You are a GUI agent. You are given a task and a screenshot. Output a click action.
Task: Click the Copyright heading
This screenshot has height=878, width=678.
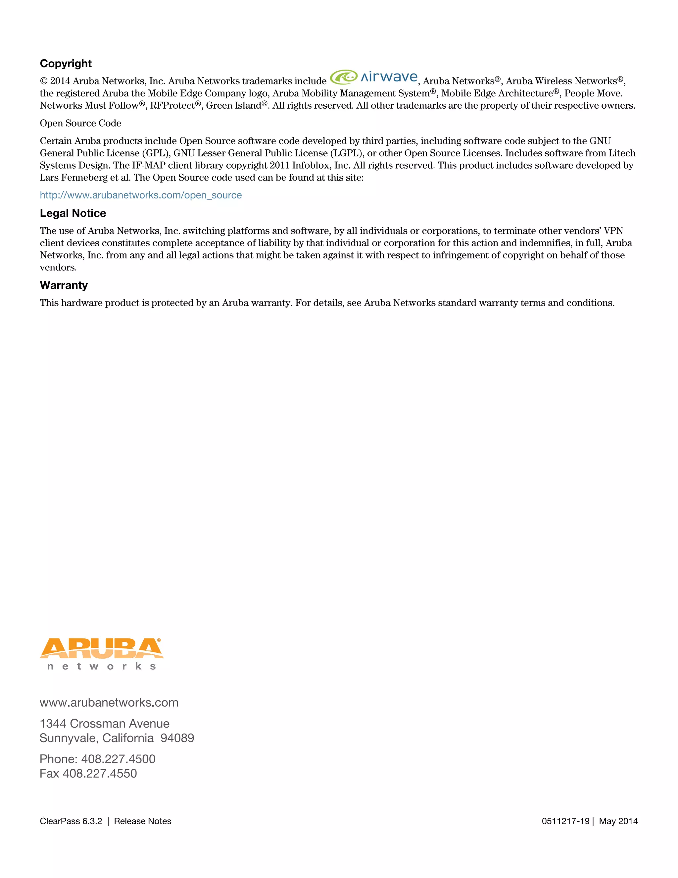pos(66,64)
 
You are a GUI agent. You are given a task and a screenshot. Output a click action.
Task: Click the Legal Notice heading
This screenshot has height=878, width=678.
pos(73,213)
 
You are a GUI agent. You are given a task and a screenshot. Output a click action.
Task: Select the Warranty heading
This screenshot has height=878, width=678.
pos(64,285)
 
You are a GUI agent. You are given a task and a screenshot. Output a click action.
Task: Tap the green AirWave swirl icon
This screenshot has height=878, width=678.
pos(343,77)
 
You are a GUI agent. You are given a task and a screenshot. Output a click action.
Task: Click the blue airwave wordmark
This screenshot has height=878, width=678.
pos(389,77)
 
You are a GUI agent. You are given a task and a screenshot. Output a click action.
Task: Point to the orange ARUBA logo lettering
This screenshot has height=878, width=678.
pos(101,648)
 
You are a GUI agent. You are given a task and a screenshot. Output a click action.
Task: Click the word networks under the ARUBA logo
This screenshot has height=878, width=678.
pos(101,667)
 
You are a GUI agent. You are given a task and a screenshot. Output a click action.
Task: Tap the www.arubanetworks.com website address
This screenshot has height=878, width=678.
pos(109,702)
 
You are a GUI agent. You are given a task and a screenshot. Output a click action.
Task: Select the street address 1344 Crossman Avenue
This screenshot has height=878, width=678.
pos(104,723)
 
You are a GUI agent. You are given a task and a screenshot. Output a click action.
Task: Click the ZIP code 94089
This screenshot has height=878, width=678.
pos(177,738)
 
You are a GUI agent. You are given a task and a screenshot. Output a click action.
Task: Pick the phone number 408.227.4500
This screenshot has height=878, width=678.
pos(118,759)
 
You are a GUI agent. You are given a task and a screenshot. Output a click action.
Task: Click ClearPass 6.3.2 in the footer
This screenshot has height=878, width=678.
pos(71,821)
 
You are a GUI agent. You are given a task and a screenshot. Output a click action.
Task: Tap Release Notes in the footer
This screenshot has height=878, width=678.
pos(143,821)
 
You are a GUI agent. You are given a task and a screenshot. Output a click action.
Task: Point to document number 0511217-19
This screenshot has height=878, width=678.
pos(565,821)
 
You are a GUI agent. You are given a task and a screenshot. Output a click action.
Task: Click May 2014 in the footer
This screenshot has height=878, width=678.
pos(618,821)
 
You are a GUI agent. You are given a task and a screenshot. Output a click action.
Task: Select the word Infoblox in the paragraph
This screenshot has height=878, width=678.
pos(311,165)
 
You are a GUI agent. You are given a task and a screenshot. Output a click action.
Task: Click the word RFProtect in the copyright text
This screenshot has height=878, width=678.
pos(172,105)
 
